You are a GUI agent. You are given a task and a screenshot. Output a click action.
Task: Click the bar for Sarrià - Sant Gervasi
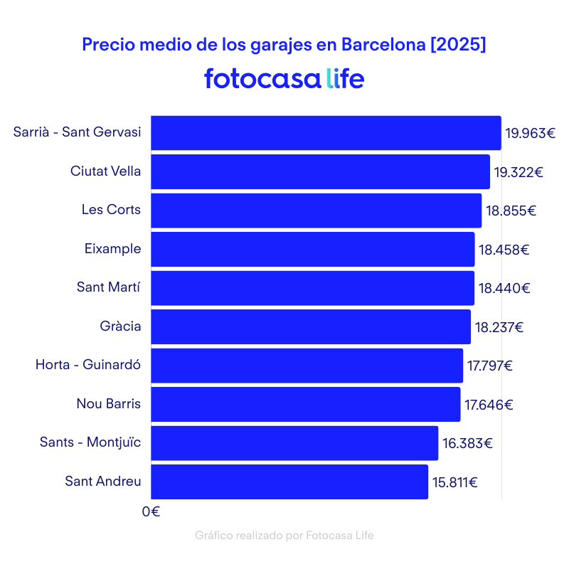[x=326, y=133]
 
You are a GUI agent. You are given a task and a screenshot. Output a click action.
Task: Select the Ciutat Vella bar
[x=320, y=171]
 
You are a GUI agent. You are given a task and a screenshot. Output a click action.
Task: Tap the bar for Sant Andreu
[x=289, y=482]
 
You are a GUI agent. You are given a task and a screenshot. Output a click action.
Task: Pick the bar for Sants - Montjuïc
[x=294, y=443]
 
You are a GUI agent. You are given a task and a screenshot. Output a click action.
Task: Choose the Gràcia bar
[x=311, y=326]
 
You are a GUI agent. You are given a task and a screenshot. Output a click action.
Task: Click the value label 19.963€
[x=530, y=133]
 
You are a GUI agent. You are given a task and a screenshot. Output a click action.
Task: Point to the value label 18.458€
[x=504, y=250]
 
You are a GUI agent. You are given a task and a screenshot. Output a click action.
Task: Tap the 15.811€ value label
[x=454, y=482]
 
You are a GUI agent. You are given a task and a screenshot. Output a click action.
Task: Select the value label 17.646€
[x=489, y=405]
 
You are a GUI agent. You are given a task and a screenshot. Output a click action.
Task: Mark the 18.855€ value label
[x=511, y=211]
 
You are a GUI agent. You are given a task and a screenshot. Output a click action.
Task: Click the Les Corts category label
[x=111, y=210]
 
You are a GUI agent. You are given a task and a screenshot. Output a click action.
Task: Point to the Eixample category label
[x=112, y=249]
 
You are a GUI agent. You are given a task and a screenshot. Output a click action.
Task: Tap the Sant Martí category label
[x=109, y=287]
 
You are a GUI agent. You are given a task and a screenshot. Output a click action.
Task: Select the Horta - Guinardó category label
[x=88, y=365]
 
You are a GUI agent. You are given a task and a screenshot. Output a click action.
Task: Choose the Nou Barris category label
[x=109, y=404]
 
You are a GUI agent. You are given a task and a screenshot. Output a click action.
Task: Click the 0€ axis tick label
[x=151, y=511]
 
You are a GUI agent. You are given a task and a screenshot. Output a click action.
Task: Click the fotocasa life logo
[x=284, y=78]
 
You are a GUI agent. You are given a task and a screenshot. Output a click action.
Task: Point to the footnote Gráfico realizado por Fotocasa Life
[x=284, y=536]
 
